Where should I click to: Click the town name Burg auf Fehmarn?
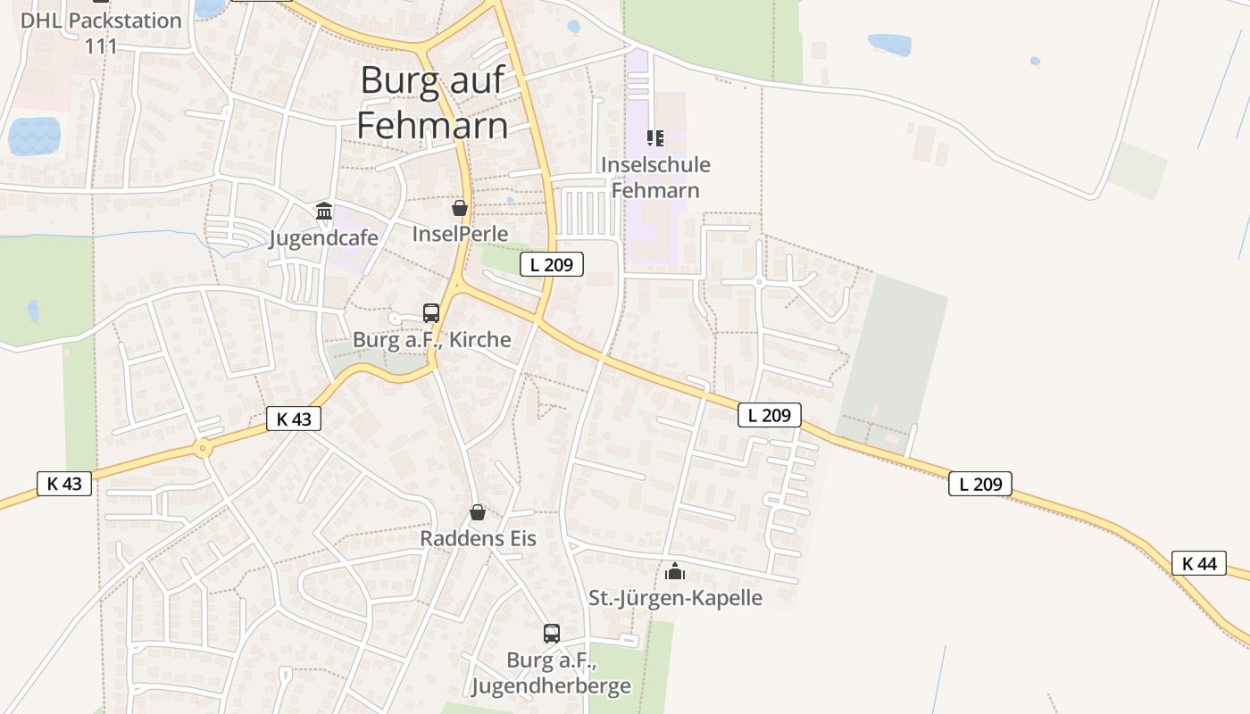tap(433, 103)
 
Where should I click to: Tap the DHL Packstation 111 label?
tap(101, 32)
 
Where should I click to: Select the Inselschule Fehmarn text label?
tap(655, 177)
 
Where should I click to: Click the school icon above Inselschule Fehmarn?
tap(655, 138)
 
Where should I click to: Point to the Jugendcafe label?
tap(323, 238)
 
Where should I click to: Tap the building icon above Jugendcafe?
tap(324, 212)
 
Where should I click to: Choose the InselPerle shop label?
tap(460, 234)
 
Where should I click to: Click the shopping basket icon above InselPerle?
tap(460, 209)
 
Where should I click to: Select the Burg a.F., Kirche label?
tap(432, 339)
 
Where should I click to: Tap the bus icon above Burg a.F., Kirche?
tap(431, 313)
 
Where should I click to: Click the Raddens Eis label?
tap(478, 538)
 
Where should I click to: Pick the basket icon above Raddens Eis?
tap(478, 512)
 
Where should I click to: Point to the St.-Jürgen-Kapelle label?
tap(675, 597)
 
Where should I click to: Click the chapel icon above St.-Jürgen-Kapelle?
tap(675, 571)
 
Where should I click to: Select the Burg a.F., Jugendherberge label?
tap(551, 673)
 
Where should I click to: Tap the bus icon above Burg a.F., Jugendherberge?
tap(552, 634)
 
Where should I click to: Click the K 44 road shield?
tap(1199, 563)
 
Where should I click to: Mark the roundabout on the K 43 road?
tap(204, 449)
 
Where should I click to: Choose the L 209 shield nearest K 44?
tap(980, 484)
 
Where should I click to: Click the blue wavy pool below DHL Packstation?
tap(34, 137)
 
